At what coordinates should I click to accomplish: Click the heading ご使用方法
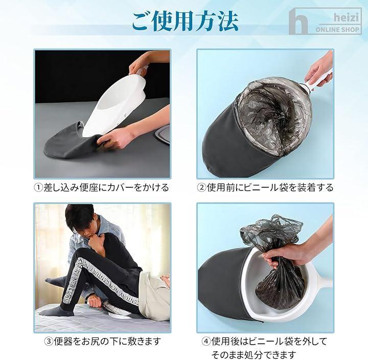click(x=185, y=21)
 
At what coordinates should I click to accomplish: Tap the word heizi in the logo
click(x=346, y=18)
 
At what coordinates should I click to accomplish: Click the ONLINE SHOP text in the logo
click(x=337, y=30)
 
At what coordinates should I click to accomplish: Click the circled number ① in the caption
click(x=38, y=187)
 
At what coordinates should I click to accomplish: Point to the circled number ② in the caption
click(x=201, y=187)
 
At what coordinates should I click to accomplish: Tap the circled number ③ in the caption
click(x=49, y=341)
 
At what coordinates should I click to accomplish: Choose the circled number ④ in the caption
click(x=206, y=341)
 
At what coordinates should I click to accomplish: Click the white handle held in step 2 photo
click(x=319, y=80)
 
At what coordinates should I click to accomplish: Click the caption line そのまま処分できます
click(x=254, y=354)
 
